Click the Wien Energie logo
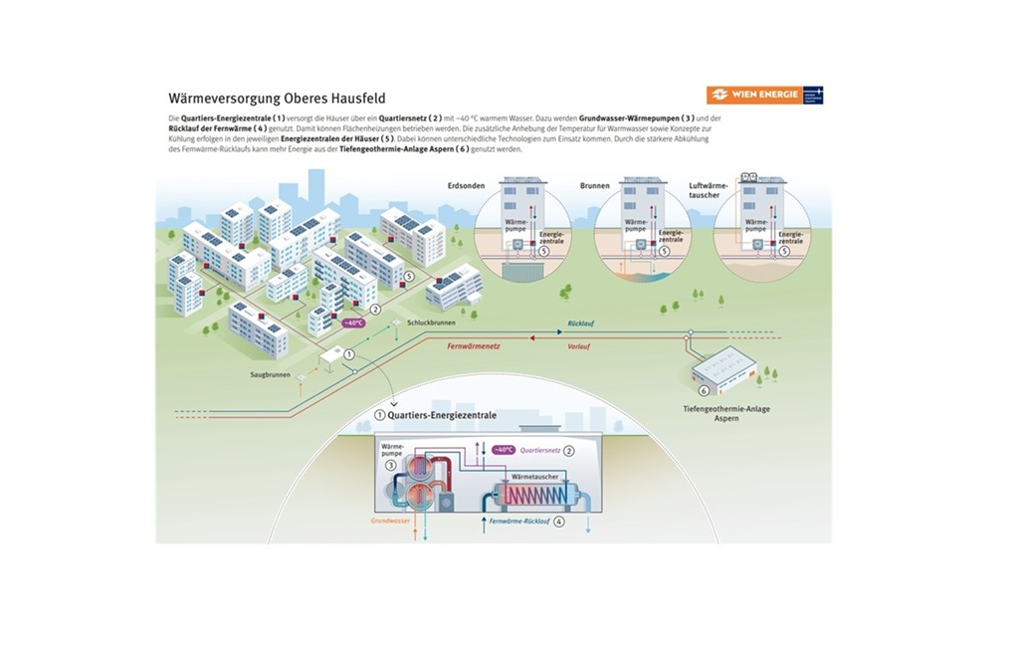click(x=764, y=95)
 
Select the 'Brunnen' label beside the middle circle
click(x=594, y=186)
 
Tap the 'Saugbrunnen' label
click(x=269, y=374)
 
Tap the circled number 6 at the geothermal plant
click(x=703, y=391)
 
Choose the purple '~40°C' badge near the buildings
click(x=353, y=324)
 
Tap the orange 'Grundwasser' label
click(x=391, y=520)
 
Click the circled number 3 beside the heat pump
click(x=390, y=464)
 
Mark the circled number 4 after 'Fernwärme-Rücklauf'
click(x=559, y=521)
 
